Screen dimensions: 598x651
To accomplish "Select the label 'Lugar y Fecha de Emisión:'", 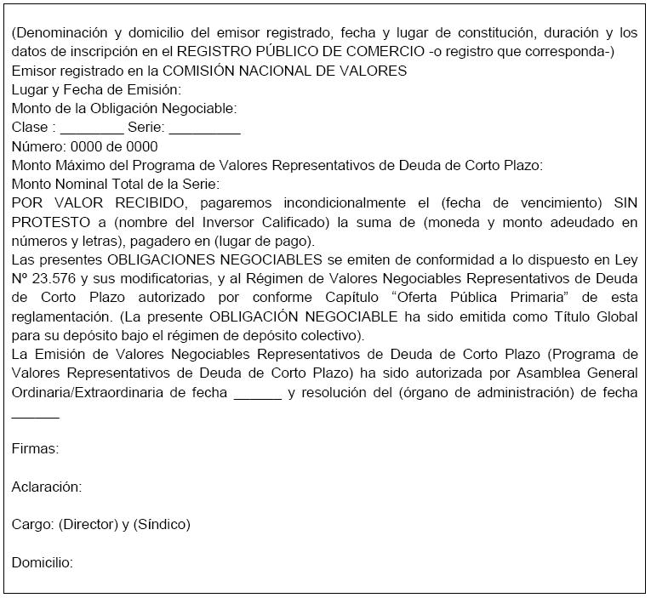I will coord(96,89).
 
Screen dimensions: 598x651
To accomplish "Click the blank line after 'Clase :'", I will coord(92,128).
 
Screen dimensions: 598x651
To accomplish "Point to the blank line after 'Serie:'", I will coord(204,128).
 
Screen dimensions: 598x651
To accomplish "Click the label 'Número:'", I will coord(39,146).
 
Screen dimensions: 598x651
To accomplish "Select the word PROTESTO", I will coord(44,222).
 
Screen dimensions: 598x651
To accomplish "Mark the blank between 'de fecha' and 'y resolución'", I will coord(257,393).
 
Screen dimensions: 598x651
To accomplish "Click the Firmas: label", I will coord(35,449).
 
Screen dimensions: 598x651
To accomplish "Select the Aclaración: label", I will coord(47,487).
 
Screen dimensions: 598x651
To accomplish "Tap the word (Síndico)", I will coord(162,524).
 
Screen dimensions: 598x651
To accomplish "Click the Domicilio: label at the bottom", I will coord(43,562).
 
